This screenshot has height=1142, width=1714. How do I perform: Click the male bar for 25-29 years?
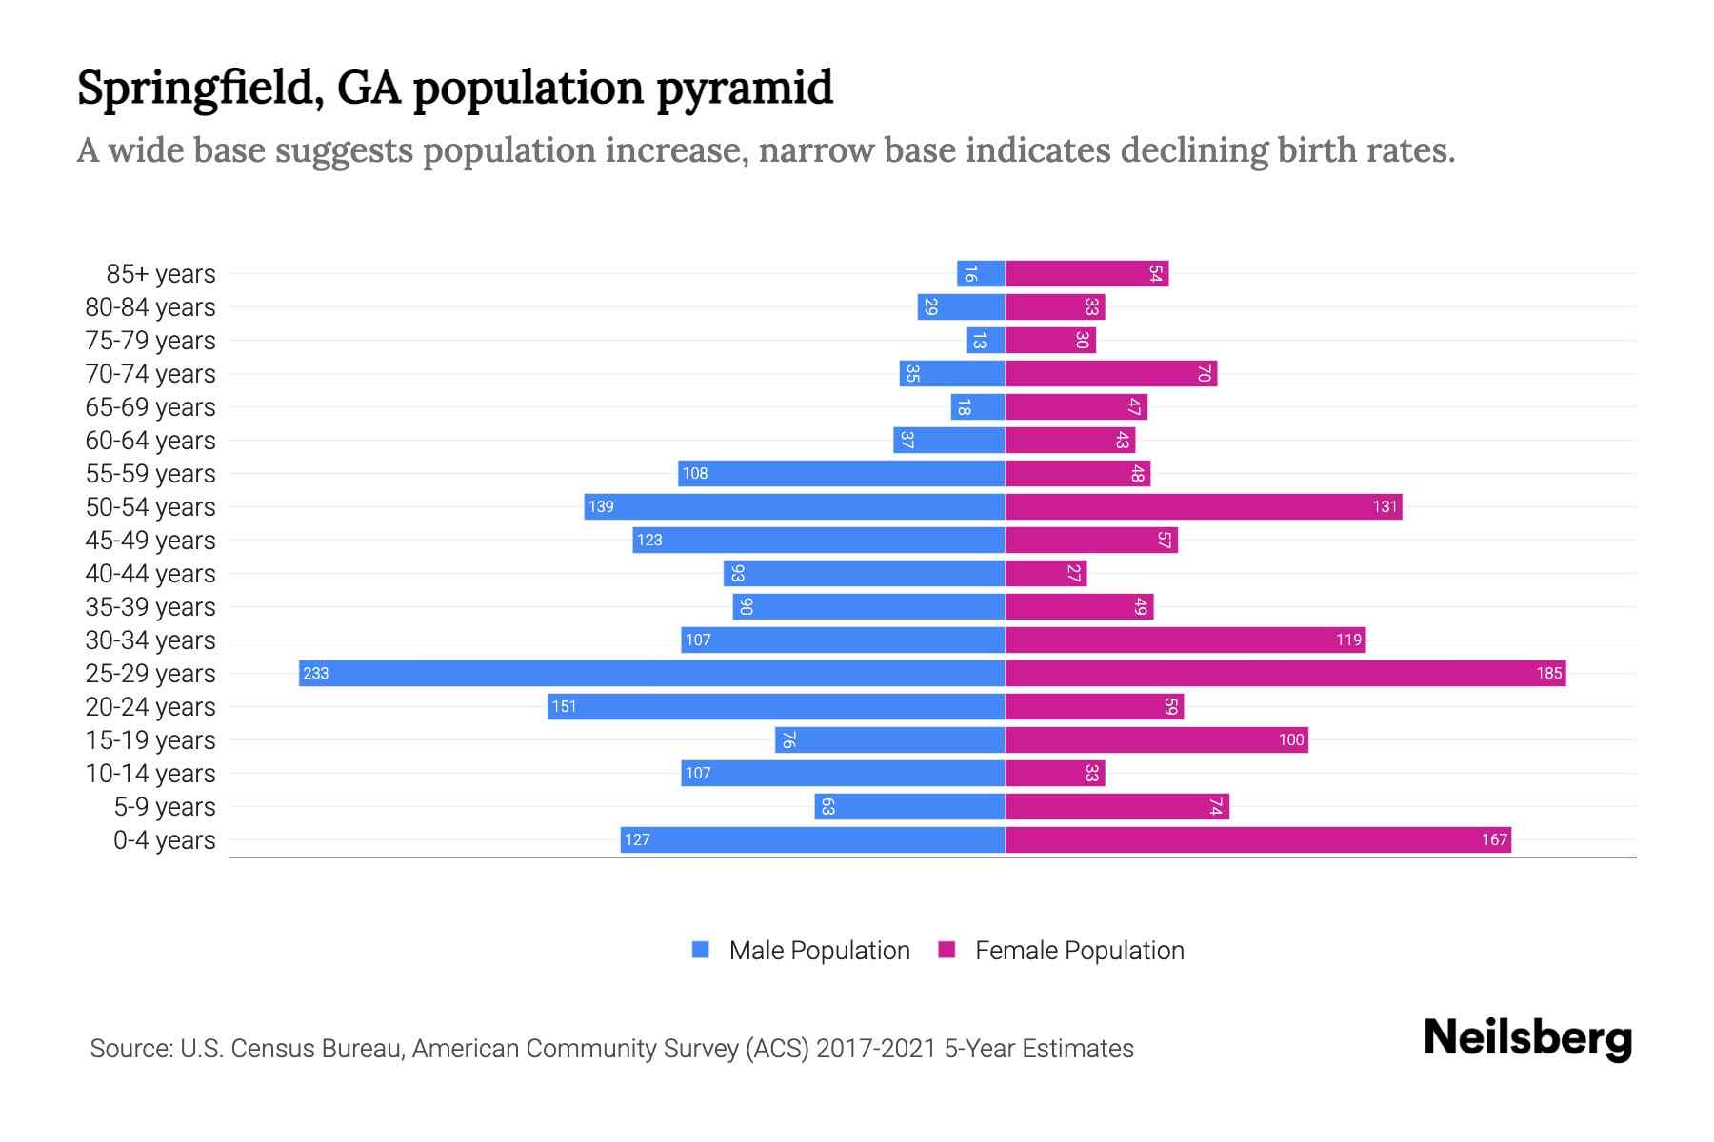coord(651,673)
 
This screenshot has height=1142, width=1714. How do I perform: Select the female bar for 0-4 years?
coord(1257,839)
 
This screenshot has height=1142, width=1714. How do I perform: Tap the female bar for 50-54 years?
coord(1203,506)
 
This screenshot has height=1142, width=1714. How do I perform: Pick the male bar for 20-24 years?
coord(776,706)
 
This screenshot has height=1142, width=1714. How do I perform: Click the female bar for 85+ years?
coord(1086,273)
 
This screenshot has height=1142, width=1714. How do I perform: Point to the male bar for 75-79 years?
coord(986,340)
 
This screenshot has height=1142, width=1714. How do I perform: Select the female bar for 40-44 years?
coord(1045,573)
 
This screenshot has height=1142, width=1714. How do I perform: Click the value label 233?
coord(315,674)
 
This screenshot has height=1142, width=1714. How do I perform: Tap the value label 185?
coord(1548,674)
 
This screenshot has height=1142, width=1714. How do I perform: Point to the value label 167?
coord(1494,839)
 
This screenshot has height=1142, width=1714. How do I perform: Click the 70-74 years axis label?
coord(150,374)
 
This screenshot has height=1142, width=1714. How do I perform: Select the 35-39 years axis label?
coord(150,607)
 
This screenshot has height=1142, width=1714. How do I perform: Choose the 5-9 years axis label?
coord(165,807)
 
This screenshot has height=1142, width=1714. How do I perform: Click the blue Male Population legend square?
coord(701,950)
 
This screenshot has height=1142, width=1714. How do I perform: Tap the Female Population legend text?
coord(1079,951)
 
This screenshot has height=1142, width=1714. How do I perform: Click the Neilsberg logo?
coord(1527,1038)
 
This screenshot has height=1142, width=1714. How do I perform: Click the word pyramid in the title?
coord(745,89)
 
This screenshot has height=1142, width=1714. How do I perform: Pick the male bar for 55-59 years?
coord(841,473)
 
